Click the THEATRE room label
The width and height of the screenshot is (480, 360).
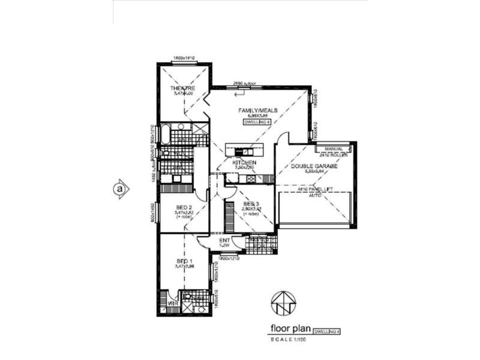point(182,89)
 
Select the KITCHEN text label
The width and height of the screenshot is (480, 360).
point(245,163)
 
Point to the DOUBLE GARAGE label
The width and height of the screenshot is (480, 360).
point(314,166)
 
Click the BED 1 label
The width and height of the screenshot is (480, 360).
point(184,262)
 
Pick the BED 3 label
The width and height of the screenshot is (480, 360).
point(251,204)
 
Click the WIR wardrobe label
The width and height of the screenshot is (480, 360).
point(172,304)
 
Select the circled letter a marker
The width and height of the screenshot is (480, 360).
point(120,188)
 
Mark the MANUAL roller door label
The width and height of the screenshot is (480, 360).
point(333,148)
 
